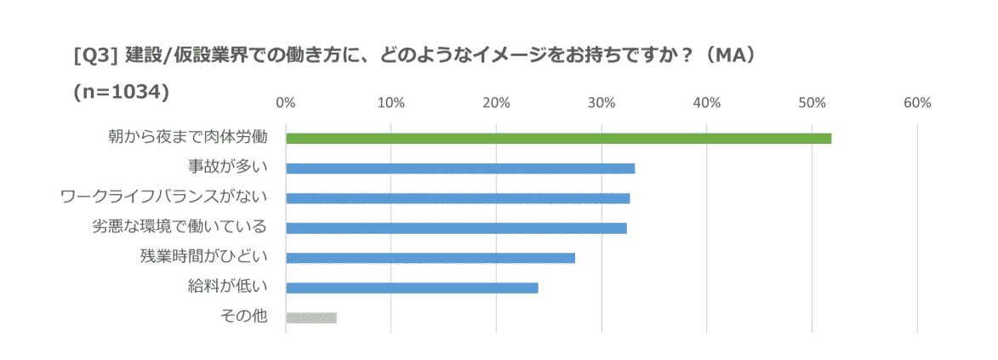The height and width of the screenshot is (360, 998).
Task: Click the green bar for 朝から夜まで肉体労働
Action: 558,138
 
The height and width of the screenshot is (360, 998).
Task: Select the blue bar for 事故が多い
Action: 460,168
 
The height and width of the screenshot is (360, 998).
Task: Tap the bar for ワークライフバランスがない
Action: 458,198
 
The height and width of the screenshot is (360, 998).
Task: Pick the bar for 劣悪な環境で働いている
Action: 456,228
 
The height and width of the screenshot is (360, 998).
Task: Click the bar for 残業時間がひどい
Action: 431,258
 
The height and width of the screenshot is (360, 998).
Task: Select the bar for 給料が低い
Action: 412,288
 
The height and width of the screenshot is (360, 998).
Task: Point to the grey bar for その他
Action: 311,317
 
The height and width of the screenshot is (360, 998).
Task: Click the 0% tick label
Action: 286,103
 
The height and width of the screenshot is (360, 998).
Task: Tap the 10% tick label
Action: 391,103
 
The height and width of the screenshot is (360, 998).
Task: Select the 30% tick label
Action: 602,103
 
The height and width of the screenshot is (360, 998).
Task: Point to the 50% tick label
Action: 813,103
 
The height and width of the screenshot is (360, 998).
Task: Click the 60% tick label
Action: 917,103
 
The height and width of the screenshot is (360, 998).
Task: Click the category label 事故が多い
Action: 228,167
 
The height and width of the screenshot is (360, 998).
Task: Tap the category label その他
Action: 244,317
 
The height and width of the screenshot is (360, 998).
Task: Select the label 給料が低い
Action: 228,287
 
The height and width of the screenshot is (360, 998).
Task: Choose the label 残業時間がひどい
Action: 204,257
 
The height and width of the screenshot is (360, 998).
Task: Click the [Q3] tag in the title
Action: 95,56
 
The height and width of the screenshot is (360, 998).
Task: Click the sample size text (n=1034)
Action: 123,90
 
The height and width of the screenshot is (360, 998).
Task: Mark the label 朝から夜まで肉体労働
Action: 188,137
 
